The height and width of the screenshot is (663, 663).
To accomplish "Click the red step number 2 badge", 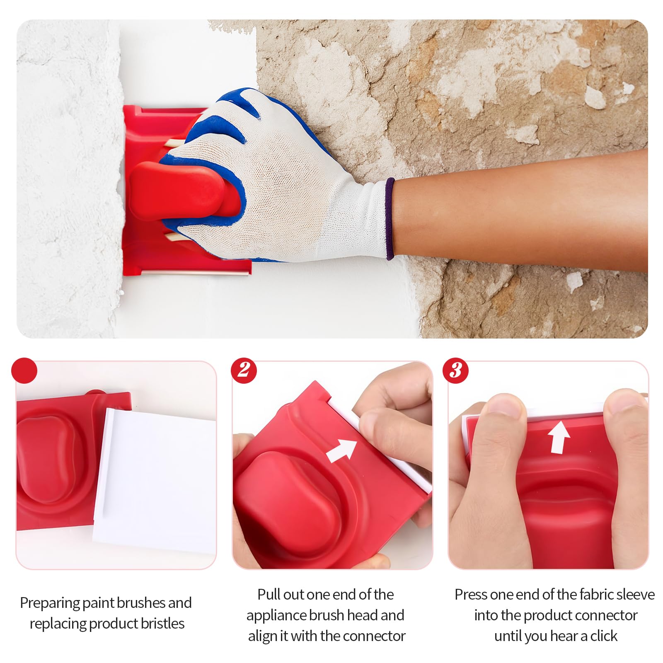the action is [244, 370].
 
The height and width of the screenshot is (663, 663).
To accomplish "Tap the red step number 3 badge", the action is [455, 370].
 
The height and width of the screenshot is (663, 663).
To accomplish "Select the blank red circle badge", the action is [24, 370].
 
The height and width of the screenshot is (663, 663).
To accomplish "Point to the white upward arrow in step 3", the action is [559, 437].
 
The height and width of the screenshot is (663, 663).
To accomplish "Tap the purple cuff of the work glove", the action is [390, 219].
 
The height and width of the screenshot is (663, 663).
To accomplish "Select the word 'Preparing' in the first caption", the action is [50, 603].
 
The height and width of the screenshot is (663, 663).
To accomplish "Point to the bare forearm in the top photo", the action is [518, 207].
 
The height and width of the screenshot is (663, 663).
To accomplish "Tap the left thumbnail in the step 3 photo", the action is [506, 404].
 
